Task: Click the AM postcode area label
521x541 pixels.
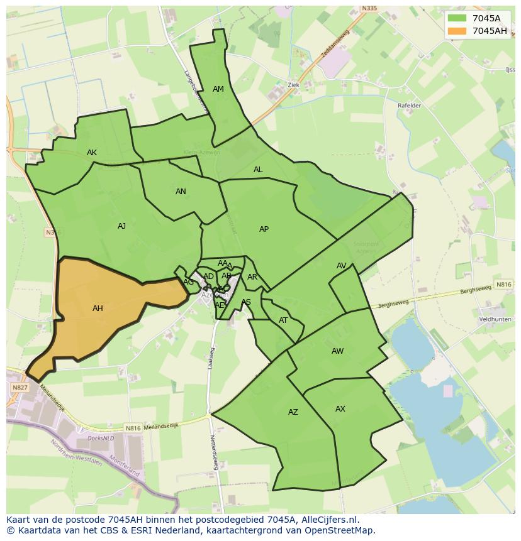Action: (x=218, y=89)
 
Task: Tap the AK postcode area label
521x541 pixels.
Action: (x=92, y=153)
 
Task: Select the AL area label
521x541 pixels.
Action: (x=258, y=170)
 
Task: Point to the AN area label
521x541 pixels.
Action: (x=181, y=192)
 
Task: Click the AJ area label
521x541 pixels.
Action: (x=121, y=226)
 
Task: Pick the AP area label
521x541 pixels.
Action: (x=264, y=229)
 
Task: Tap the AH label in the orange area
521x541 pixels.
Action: (x=98, y=309)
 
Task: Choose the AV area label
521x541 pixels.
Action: (x=341, y=266)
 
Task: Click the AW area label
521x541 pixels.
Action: (x=337, y=351)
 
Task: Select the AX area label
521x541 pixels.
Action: (x=340, y=409)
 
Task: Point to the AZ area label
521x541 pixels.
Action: (x=293, y=412)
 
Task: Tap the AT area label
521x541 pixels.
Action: (x=283, y=320)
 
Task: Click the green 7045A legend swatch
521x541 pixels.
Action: (x=457, y=18)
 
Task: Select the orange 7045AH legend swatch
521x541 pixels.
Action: (x=457, y=31)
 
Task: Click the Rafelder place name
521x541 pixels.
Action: (x=409, y=106)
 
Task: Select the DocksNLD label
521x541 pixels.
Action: (x=101, y=438)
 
